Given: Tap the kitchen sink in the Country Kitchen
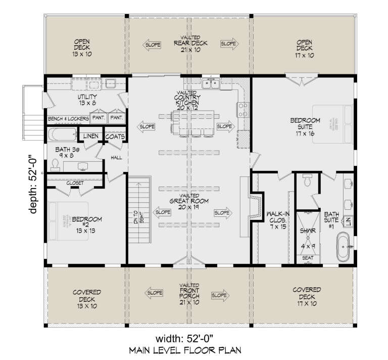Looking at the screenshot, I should pyautogui.click(x=211, y=84).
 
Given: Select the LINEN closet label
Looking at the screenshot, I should pyautogui.click(x=91, y=136).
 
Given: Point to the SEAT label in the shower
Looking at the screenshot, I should pyautogui.click(x=307, y=258).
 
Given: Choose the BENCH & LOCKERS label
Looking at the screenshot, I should pyautogui.click(x=69, y=118).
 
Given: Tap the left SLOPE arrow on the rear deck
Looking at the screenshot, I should pyautogui.click(x=153, y=44).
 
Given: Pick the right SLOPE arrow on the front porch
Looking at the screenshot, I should pyautogui.click(x=218, y=294).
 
